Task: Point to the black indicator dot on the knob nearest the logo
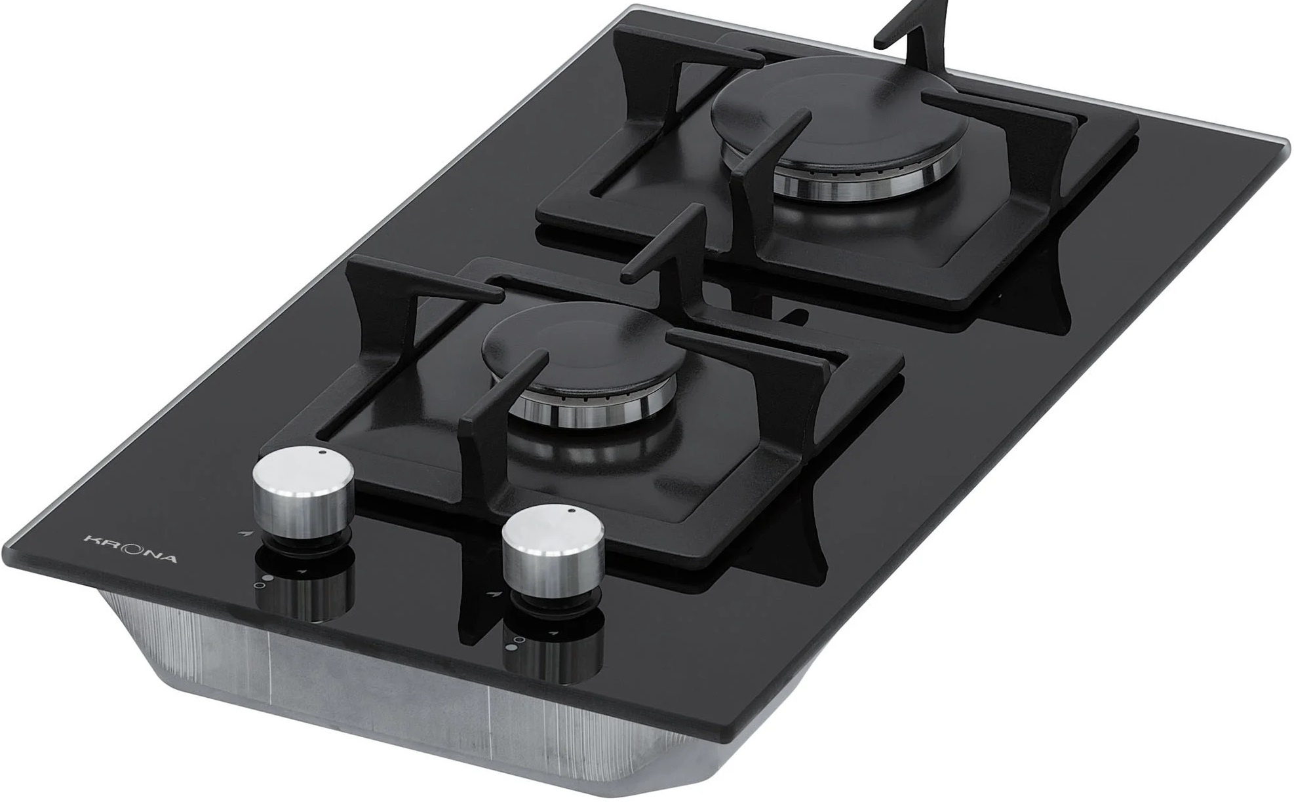[322, 453]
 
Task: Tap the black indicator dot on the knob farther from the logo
[572, 510]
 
